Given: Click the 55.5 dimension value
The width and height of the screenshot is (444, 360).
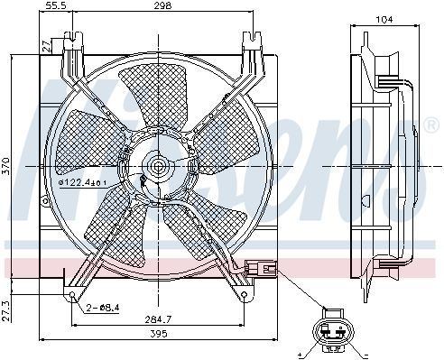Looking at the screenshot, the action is click(57, 5).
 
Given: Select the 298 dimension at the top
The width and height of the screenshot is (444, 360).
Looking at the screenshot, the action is click(162, 5).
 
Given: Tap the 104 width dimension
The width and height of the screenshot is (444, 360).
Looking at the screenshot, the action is click(384, 20).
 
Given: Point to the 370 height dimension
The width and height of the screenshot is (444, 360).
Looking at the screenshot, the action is click(6, 166).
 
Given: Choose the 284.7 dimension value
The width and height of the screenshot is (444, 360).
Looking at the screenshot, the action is click(158, 319).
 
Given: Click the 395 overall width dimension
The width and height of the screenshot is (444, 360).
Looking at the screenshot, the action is click(159, 334).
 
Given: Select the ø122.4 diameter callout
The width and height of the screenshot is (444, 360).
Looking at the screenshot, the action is click(82, 182).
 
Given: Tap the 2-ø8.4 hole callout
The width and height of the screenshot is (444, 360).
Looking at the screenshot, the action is click(103, 308).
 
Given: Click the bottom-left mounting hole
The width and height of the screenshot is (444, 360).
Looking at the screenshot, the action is click(72, 294).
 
